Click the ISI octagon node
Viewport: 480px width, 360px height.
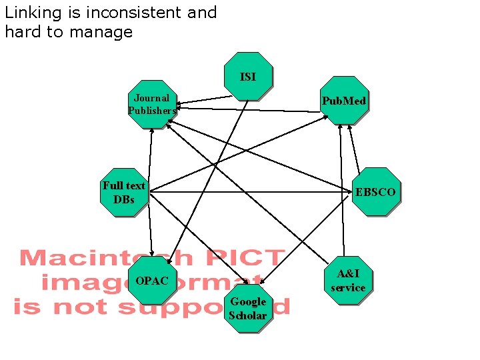point(247,76)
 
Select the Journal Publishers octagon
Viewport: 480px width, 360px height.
point(153,104)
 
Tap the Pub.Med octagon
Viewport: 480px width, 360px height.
point(343,101)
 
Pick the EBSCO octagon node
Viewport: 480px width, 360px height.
point(375,192)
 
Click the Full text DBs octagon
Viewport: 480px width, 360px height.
point(124,192)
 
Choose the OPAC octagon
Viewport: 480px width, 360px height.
point(152,281)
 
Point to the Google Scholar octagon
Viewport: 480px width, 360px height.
point(248,308)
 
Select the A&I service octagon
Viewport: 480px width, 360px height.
point(348,281)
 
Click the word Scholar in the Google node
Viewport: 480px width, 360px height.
point(248,315)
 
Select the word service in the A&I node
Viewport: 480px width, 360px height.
point(348,288)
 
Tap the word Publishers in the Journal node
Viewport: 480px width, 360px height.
point(153,111)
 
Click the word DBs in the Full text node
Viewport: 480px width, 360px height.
point(124,199)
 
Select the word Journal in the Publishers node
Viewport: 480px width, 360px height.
point(152,98)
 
